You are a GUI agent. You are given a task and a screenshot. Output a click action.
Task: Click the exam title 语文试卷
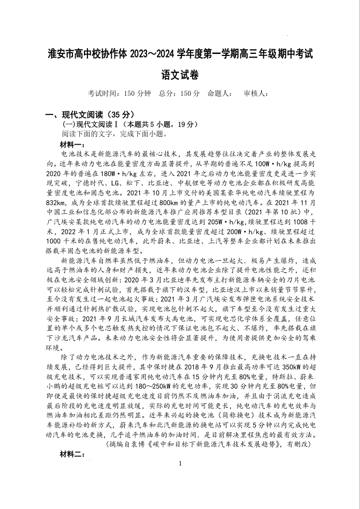[180, 74]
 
